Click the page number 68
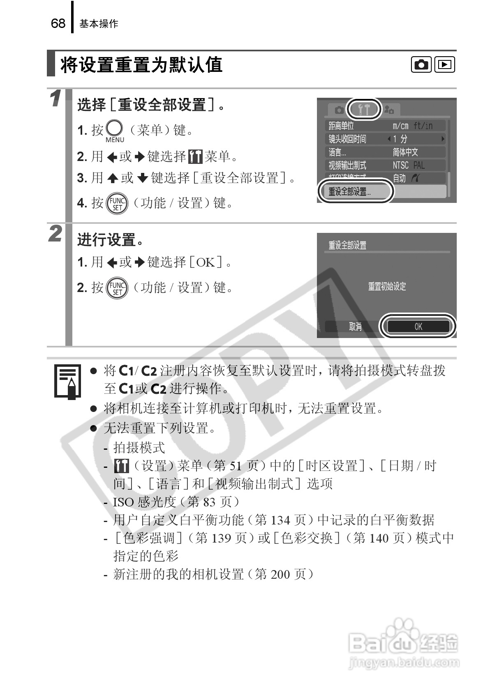[58, 23]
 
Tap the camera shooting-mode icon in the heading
[421, 64]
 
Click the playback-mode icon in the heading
[445, 64]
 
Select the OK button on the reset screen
[418, 327]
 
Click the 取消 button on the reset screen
[355, 327]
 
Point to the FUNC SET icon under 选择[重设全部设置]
[117, 203]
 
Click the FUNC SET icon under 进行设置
[117, 287]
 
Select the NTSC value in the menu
[400, 166]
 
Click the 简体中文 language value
[405, 152]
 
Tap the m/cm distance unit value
[400, 126]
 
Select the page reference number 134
[280, 520]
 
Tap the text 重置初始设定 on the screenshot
[387, 287]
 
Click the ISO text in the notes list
[124, 502]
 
